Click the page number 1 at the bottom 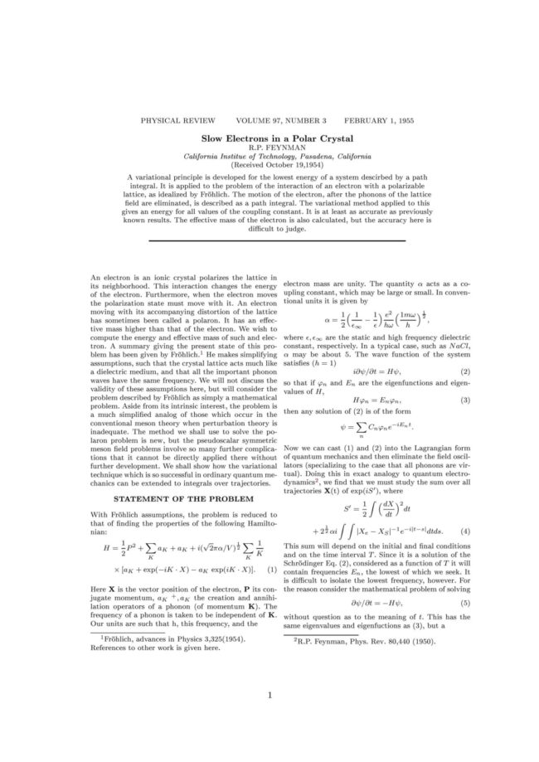pyautogui.click(x=270, y=717)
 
